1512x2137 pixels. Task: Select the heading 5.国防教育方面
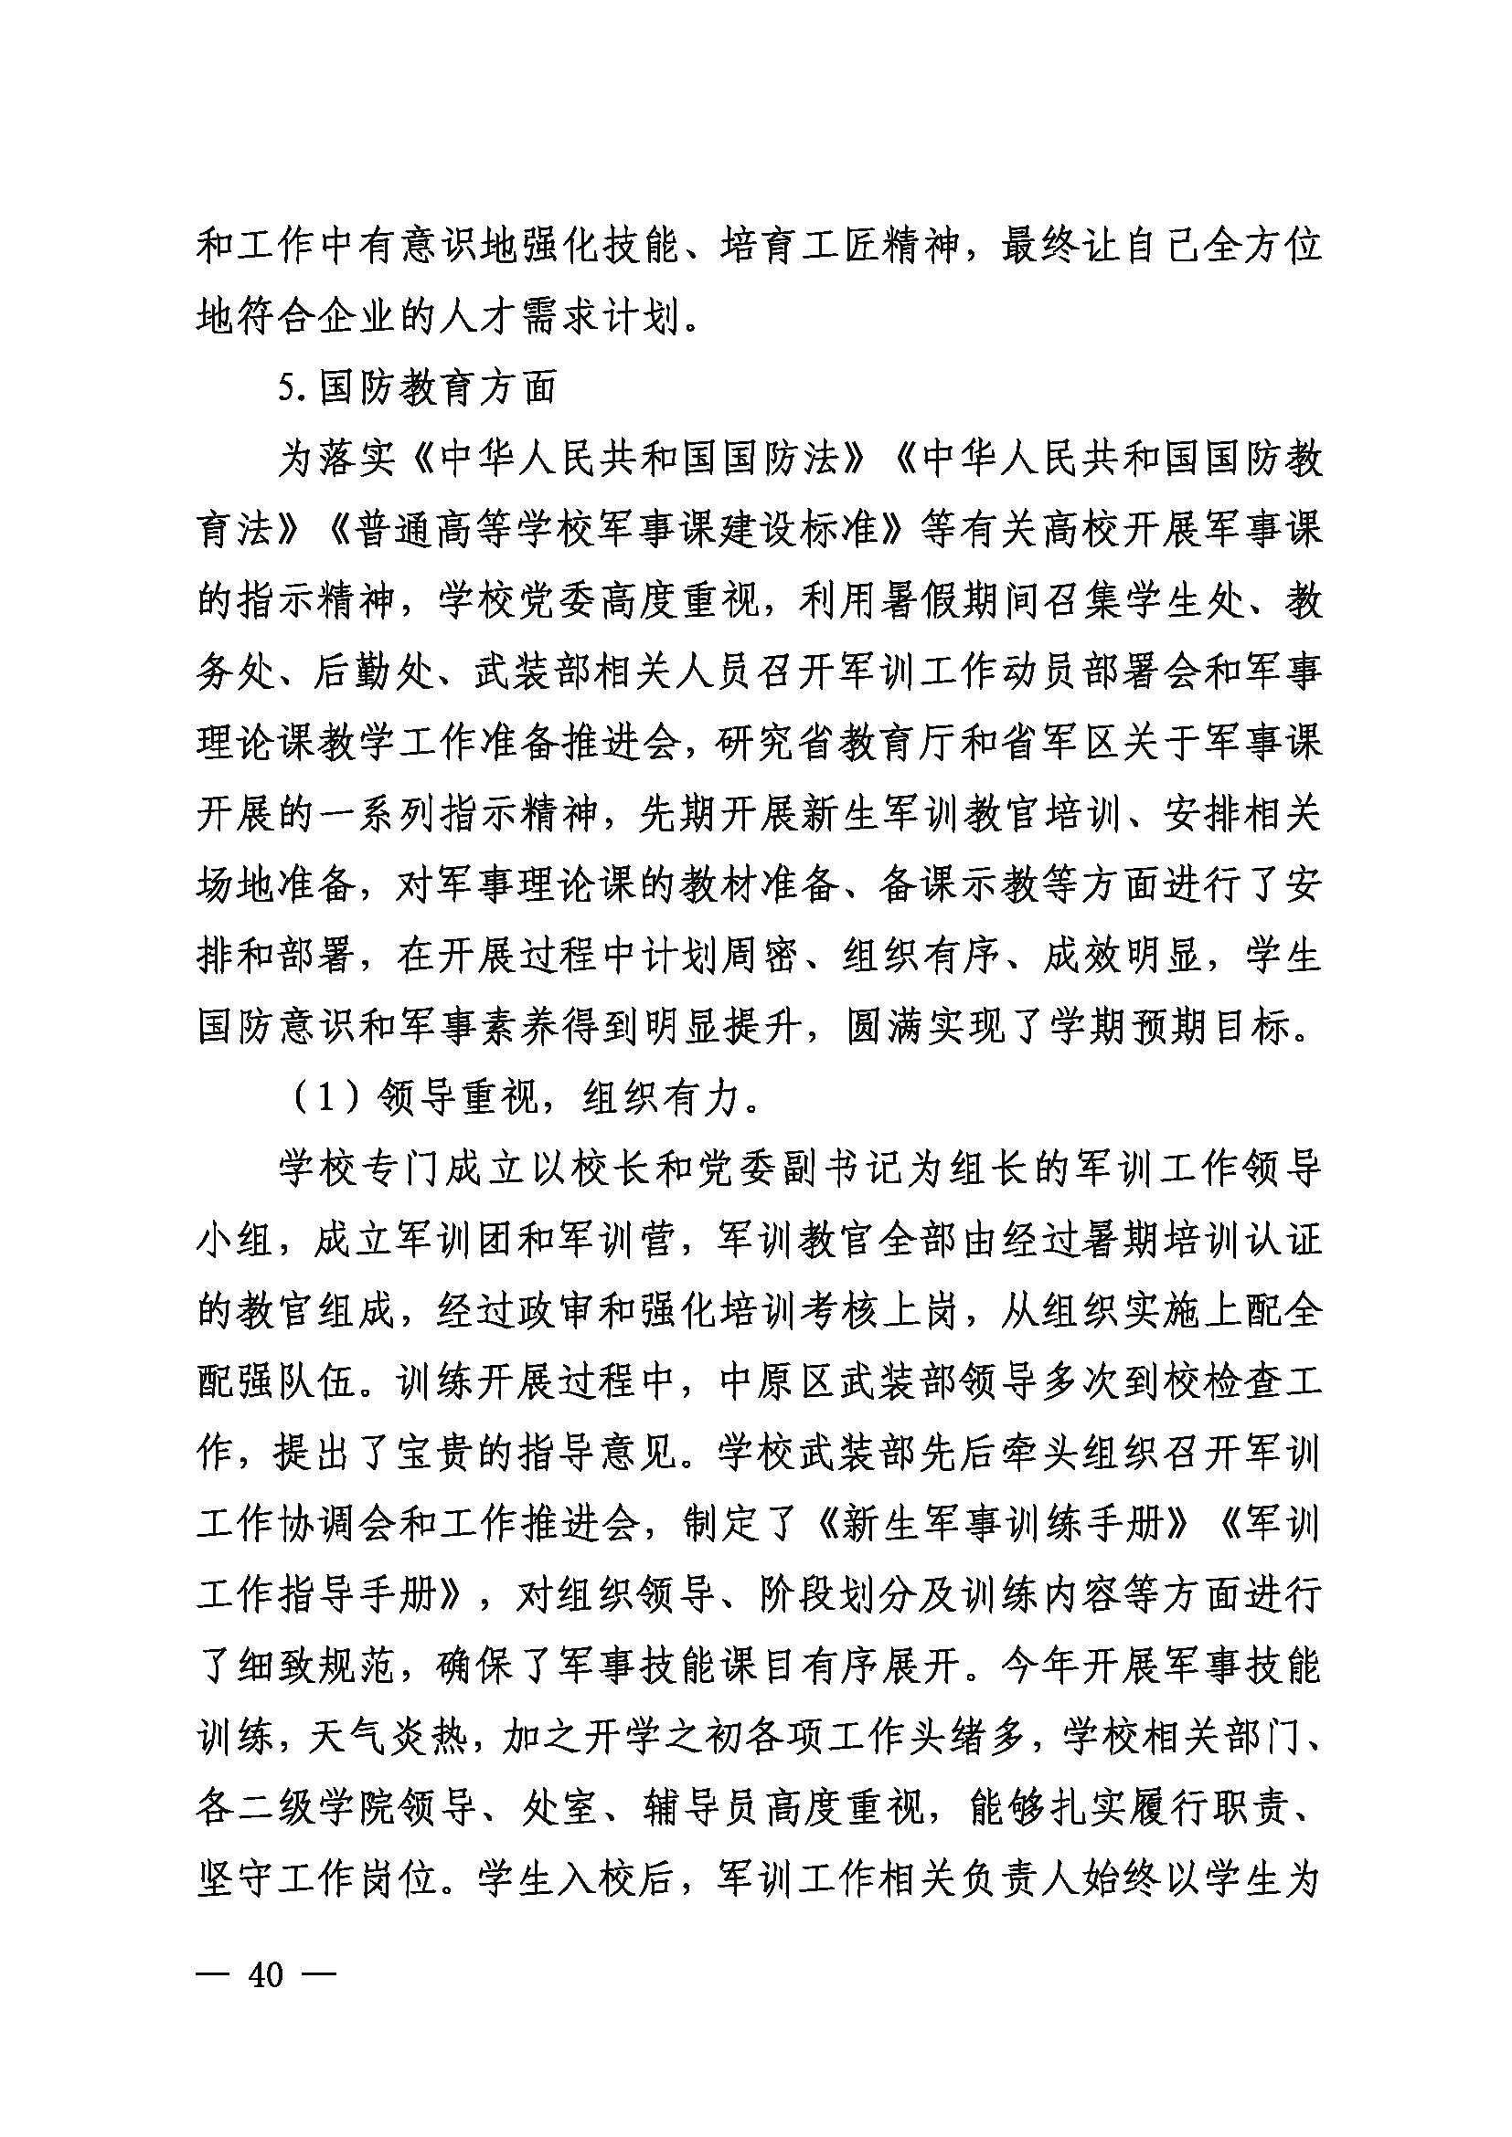pos(417,388)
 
